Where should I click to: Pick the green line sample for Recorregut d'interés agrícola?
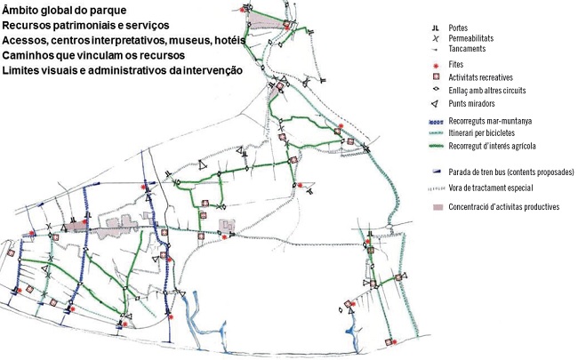click(430, 144)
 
